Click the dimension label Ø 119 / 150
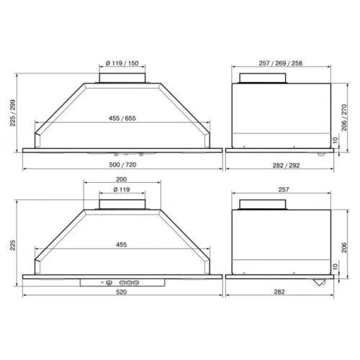tap(122, 63)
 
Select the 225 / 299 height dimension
tap(12, 113)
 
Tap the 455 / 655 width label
tap(122, 118)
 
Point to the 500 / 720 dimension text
tap(122, 165)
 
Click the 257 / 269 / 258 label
tap(280, 63)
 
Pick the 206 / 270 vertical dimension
tap(344, 117)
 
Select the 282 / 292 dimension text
tap(286, 166)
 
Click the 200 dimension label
tap(121, 179)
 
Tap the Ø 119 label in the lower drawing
tap(122, 189)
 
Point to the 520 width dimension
tap(121, 292)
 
